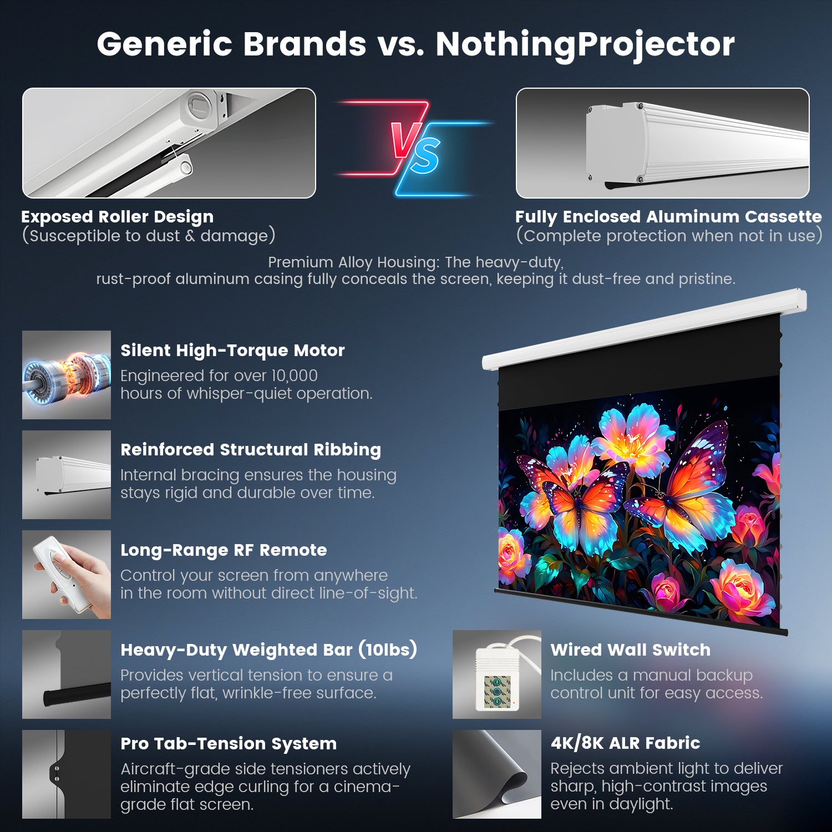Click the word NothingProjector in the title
pos(585,44)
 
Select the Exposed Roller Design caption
pos(117,217)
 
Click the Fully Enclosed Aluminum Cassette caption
pos(668,217)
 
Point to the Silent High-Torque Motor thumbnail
pos(67,375)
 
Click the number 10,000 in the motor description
pos(294,376)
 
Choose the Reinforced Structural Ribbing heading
pos(251,450)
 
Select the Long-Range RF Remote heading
pos(224,550)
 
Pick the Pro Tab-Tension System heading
pos(229,744)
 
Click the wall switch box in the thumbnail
pos(497,679)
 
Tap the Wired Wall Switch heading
pos(630,650)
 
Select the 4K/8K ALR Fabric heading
pos(625,743)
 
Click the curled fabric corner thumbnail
pos(497,774)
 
